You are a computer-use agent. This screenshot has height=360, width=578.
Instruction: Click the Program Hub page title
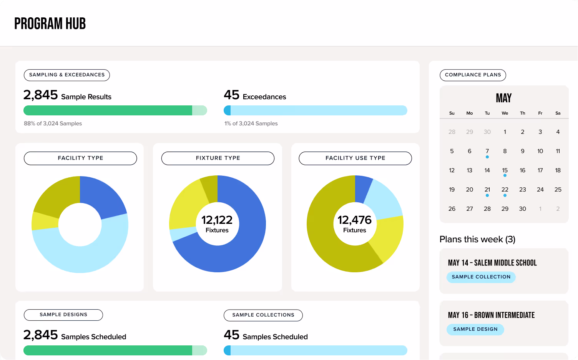(50, 24)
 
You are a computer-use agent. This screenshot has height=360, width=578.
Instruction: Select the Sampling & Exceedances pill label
(67, 75)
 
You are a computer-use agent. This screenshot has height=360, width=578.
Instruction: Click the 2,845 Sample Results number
(41, 95)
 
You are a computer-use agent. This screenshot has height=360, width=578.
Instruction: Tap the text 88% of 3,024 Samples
(53, 123)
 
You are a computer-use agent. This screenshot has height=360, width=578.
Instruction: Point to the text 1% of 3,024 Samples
(251, 123)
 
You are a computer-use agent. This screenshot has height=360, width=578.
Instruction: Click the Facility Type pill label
(80, 158)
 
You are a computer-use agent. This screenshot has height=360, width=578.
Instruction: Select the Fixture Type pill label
(218, 158)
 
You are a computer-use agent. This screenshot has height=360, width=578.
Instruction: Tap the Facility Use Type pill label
(355, 158)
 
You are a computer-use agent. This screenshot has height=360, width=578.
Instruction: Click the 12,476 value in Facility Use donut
(354, 220)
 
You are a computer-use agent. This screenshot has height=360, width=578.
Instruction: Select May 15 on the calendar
(505, 170)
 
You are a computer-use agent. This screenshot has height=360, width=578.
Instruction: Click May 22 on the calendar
(505, 190)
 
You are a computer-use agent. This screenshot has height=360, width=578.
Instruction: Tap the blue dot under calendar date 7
(487, 157)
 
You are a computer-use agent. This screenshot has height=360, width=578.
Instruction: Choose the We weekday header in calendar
(505, 113)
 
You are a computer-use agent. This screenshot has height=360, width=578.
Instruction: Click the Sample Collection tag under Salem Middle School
(481, 277)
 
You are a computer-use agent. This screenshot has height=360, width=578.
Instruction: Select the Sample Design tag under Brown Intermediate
(475, 329)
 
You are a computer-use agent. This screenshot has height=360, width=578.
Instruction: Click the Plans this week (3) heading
(477, 239)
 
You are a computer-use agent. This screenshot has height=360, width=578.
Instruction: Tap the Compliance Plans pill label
(473, 75)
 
